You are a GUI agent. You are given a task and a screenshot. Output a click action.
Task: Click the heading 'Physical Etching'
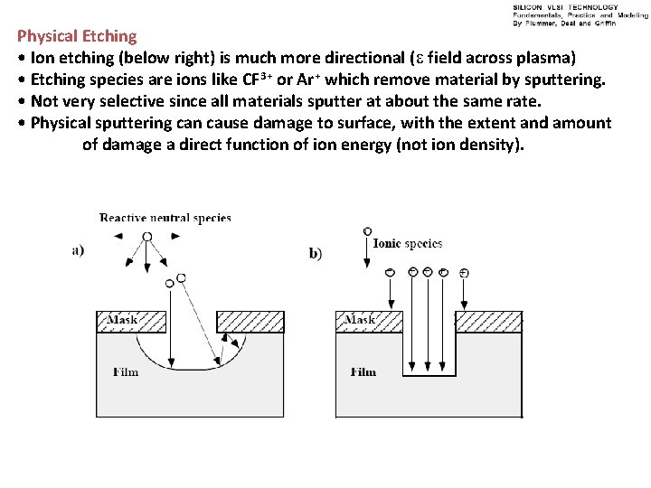click(x=77, y=37)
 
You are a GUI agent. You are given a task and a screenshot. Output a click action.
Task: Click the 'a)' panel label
click(x=79, y=251)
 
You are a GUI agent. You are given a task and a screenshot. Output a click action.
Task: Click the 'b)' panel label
click(x=316, y=254)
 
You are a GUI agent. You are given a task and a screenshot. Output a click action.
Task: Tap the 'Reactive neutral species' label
click(x=165, y=218)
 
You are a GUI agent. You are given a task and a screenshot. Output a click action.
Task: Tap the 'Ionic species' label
click(x=408, y=244)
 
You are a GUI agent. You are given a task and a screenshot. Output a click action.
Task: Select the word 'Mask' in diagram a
click(x=122, y=320)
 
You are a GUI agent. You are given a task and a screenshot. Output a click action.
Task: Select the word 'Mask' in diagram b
click(x=360, y=320)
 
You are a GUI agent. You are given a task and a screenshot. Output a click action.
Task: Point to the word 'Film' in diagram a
click(x=126, y=371)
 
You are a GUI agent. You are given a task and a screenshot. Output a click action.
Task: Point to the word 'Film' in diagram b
click(x=363, y=371)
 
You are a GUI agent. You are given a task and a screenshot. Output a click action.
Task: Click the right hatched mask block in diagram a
click(x=250, y=322)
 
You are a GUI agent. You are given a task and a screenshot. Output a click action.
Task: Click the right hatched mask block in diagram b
click(x=488, y=322)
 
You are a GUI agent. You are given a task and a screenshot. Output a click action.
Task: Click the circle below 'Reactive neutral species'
click(x=147, y=237)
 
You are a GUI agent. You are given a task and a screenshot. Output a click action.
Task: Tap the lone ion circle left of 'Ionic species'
click(x=366, y=232)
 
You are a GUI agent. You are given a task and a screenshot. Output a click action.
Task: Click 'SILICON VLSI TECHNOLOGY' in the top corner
click(x=565, y=7)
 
